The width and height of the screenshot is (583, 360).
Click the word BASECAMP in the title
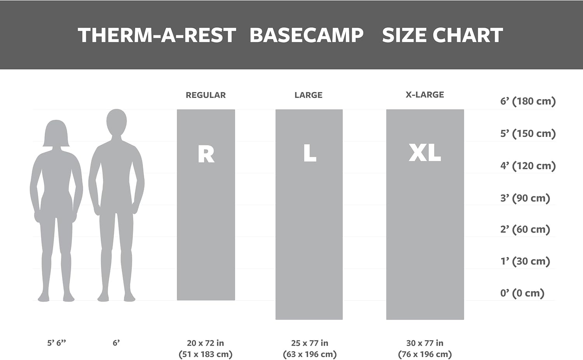(x=306, y=35)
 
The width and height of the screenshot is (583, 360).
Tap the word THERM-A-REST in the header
(x=157, y=35)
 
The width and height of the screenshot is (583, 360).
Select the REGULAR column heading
(x=206, y=95)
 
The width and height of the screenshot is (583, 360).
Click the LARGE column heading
(x=308, y=95)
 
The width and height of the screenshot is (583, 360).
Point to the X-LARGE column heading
(x=425, y=95)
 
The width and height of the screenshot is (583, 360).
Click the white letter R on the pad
(x=206, y=154)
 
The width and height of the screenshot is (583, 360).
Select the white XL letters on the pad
(x=425, y=153)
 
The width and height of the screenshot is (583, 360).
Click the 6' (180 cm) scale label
(x=528, y=101)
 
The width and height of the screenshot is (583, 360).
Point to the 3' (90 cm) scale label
(x=525, y=198)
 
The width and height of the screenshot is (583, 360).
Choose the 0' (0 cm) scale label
(x=522, y=293)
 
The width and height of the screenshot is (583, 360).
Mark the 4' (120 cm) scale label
(x=528, y=166)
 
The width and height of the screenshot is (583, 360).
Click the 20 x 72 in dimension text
(x=205, y=343)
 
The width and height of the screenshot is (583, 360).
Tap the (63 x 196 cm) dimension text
(x=310, y=354)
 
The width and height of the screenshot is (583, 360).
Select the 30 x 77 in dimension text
(x=425, y=343)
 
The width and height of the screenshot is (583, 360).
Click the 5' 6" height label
(x=57, y=343)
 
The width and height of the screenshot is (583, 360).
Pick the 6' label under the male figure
(x=116, y=343)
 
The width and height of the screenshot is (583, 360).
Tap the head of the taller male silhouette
(x=117, y=122)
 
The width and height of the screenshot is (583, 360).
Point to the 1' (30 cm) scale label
(x=525, y=261)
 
